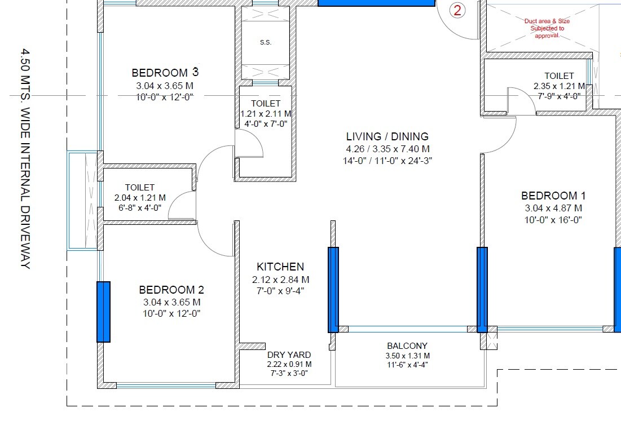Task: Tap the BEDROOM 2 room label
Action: click(171, 290)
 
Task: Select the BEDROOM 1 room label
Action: click(553, 196)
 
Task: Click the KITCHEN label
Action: click(280, 267)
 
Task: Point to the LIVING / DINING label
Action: click(387, 136)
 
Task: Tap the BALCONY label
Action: click(407, 345)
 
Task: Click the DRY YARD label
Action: click(289, 354)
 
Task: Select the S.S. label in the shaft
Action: click(266, 43)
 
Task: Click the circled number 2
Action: click(457, 10)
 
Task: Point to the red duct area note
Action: click(547, 28)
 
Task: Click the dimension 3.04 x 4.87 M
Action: click(553, 209)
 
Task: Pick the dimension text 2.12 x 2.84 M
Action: click(280, 280)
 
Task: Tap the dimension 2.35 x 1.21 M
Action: click(559, 87)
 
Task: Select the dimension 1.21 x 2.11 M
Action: click(265, 114)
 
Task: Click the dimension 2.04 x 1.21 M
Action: click(140, 198)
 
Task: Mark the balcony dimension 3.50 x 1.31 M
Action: click(407, 356)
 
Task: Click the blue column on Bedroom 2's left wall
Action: click(103, 312)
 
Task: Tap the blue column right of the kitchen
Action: click(333, 290)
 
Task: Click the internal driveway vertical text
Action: click(24, 158)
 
